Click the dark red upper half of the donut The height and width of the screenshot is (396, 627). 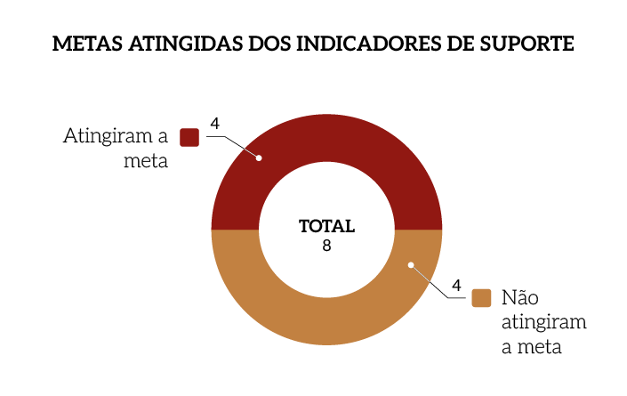[326, 142]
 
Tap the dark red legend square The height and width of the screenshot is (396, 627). [189, 137]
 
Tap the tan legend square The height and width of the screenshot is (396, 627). [481, 298]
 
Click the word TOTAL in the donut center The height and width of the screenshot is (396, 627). [326, 226]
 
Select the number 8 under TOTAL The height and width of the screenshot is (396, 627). [326, 246]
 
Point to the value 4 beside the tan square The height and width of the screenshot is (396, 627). [456, 285]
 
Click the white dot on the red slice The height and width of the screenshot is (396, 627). [259, 158]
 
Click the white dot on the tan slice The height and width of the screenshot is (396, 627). [410, 263]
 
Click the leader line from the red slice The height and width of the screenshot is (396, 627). [238, 142]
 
